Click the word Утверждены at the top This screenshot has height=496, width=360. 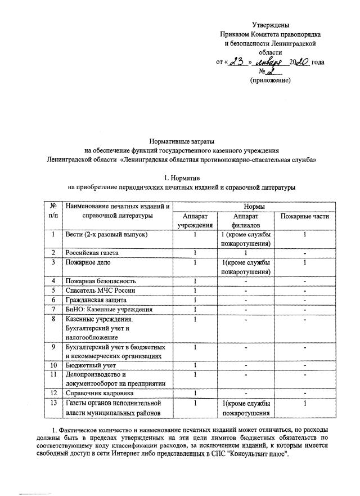(x=271, y=25)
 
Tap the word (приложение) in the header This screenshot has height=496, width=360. (x=270, y=81)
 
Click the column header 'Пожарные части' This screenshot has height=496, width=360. (x=304, y=216)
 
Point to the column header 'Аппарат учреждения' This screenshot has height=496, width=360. (x=194, y=221)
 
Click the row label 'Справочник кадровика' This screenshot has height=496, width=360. (x=100, y=393)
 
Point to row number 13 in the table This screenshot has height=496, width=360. (x=52, y=403)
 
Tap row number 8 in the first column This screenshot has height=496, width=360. (x=52, y=319)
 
